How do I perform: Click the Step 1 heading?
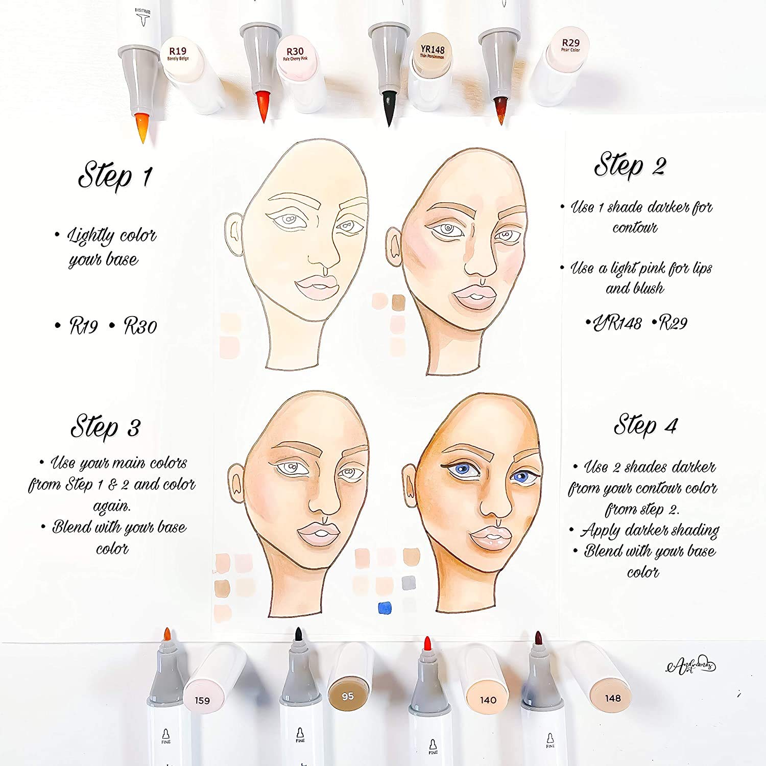(115, 175)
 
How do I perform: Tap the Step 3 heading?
(106, 427)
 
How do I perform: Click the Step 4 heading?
(645, 425)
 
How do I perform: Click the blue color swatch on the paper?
(384, 608)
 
